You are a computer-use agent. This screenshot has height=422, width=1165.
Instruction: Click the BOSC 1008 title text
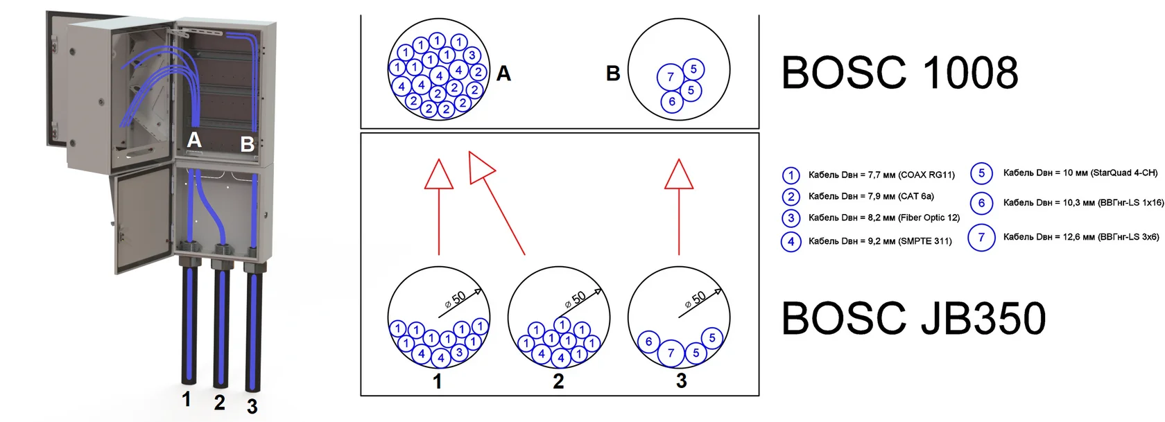pos(899,73)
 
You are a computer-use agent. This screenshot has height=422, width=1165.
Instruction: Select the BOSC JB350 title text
pos(913,318)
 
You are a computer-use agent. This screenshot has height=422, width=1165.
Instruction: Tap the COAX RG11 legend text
pos(881,175)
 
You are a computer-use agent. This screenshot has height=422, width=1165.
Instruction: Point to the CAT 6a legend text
pos(871,196)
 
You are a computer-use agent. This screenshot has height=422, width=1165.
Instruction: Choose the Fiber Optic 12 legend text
pos(884,218)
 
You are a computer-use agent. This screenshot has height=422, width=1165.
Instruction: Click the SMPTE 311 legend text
pos(880,241)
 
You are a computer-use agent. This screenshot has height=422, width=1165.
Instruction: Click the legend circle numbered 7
pos(981,238)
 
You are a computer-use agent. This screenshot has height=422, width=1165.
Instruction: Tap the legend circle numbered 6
pos(981,202)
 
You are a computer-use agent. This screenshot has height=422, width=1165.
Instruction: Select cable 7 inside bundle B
pos(670,77)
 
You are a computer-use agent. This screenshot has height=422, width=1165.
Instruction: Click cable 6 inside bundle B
pos(671,102)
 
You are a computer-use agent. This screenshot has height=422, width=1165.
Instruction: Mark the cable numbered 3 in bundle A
pos(472,55)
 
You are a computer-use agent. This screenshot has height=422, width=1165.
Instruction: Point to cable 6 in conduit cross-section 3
pos(649,342)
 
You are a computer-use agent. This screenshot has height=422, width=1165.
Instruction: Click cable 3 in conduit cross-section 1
pos(459,353)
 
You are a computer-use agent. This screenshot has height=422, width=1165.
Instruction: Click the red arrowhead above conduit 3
pos(679,175)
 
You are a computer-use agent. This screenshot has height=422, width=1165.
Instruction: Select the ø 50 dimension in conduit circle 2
pos(575,299)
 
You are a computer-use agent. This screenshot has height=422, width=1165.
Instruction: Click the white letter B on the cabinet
pos(248,144)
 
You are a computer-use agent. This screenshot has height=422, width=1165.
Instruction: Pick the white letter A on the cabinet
pos(194,140)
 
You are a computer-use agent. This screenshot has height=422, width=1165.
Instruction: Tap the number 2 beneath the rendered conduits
pos(219,402)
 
